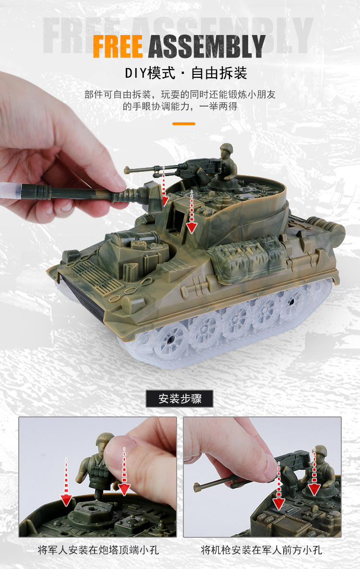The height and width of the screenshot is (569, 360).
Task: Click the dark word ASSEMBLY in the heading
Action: point(207,46)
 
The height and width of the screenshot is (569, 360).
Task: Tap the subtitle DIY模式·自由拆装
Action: point(186,73)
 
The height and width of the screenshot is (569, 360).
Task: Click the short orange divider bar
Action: point(183,123)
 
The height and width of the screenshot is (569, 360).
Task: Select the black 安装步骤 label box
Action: point(180,399)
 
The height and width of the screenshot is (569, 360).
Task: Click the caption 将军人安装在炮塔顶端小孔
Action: point(98,550)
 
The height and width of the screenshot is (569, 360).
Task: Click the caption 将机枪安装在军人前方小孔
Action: point(262,550)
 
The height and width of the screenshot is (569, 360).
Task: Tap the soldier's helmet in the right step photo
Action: point(319,450)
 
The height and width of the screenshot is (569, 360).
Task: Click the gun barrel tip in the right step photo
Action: point(197,488)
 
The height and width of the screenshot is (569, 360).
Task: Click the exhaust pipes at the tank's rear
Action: point(326,225)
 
